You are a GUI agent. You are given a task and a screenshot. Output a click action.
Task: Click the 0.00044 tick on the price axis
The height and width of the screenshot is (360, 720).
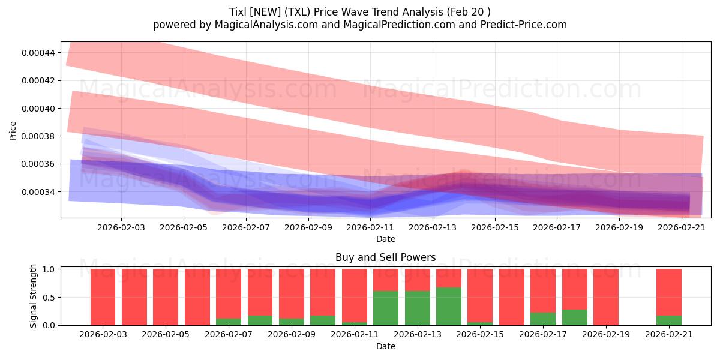click(x=38, y=53)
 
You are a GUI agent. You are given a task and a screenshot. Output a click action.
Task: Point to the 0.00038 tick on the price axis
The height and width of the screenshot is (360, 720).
click(x=38, y=136)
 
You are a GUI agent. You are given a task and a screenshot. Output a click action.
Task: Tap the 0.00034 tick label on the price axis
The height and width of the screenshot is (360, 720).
click(x=38, y=192)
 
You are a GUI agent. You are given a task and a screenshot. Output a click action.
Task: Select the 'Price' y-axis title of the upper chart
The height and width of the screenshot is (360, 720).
click(x=13, y=130)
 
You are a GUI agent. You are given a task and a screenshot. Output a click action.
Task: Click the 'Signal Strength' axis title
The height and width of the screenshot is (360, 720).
click(x=34, y=296)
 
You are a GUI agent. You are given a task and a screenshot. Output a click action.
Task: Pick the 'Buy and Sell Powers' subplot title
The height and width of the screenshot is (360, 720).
click(x=385, y=257)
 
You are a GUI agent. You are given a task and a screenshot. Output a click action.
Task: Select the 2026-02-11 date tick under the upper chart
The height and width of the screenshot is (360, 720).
click(x=370, y=228)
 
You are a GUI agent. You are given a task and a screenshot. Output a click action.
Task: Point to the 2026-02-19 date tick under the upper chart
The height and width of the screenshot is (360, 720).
click(x=619, y=228)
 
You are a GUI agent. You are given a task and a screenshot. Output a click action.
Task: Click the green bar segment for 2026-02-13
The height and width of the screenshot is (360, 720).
click(x=417, y=308)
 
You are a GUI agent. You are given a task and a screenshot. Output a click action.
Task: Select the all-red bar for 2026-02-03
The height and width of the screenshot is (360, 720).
click(x=103, y=297)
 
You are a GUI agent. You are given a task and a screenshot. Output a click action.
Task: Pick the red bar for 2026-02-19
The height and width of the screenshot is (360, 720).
click(x=605, y=297)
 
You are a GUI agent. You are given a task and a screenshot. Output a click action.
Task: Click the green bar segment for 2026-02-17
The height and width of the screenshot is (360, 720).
click(x=543, y=319)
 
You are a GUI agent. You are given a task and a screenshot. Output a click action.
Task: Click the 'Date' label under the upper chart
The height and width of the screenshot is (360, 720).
click(x=385, y=239)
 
